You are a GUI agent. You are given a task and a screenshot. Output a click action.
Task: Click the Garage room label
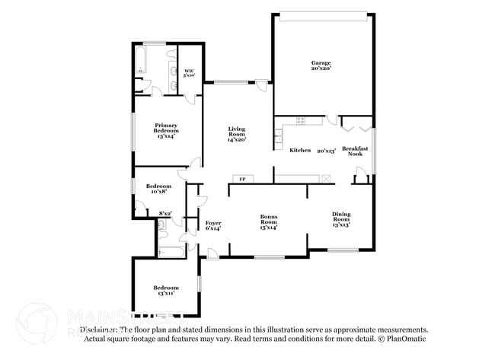click(320, 63)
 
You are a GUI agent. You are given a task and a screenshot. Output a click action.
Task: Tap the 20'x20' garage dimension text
click(320, 69)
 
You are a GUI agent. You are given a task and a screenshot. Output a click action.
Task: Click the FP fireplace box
click(243, 180)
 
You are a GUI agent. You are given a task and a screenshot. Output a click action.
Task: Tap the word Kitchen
click(300, 150)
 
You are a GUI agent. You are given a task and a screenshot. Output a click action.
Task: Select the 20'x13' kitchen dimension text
click(326, 150)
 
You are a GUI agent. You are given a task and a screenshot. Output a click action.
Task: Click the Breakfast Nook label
click(355, 151)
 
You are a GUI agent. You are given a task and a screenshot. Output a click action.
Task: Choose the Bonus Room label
click(268, 221)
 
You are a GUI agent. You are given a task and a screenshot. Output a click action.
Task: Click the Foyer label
click(213, 225)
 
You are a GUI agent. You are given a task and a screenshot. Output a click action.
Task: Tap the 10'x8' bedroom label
click(158, 189)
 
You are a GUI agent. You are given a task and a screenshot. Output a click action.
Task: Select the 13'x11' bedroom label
click(166, 290)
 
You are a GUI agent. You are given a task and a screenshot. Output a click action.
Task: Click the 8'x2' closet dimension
click(165, 214)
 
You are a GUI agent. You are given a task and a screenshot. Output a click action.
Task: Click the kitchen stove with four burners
click(300, 120)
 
